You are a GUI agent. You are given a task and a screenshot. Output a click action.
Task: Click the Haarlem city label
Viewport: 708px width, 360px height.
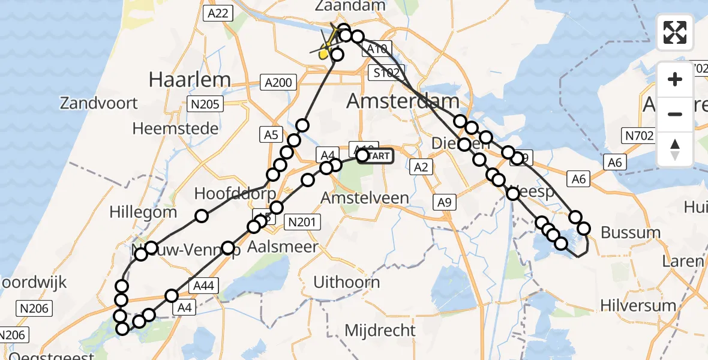[x=190, y=79]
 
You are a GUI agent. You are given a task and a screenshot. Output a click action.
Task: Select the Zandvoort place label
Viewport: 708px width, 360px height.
[x=99, y=103]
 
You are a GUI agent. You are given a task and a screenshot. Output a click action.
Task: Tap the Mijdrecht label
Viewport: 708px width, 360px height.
[x=380, y=330]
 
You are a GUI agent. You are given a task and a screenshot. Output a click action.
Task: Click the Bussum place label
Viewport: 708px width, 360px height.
[x=631, y=232]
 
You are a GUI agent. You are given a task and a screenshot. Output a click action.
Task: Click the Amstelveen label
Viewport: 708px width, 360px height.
[x=365, y=197]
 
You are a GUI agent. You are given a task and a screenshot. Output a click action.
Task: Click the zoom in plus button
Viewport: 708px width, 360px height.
[x=675, y=79]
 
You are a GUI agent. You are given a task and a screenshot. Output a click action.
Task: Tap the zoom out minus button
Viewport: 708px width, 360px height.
[x=675, y=114]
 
